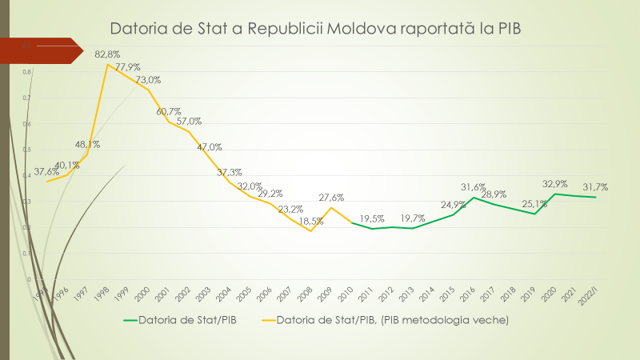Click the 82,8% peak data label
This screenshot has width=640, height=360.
tap(107, 54)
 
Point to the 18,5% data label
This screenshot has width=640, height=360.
tap(312, 220)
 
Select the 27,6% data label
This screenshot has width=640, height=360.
tap(331, 197)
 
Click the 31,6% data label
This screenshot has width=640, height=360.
tap(474, 187)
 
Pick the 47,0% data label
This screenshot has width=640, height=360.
tap(210, 147)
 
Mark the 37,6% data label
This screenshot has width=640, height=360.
tap(46, 171)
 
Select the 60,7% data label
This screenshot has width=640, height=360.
tap(169, 111)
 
